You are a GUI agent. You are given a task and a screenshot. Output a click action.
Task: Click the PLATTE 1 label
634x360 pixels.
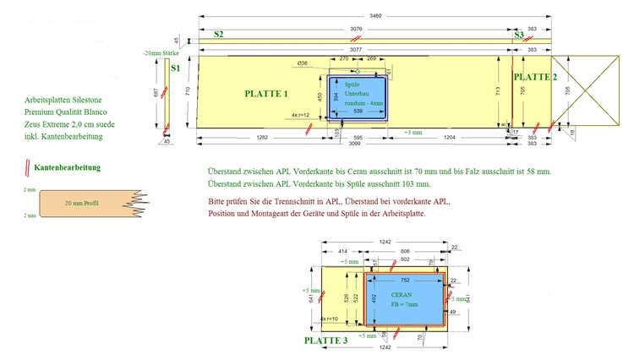pos(266,94)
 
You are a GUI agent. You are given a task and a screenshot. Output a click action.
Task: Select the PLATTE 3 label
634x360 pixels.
pos(326,341)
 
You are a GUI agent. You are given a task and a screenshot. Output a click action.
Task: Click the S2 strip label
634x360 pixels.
pos(218,35)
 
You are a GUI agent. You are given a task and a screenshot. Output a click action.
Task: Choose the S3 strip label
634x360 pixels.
pos(518,35)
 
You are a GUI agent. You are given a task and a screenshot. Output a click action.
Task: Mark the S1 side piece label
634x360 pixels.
pos(175,68)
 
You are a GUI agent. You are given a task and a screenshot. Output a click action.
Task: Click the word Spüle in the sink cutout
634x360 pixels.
pos(352,85)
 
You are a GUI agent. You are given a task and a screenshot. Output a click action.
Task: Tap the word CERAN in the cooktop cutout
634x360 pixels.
pos(402,294)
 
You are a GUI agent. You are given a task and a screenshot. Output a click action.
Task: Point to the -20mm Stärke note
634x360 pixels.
pos(161,54)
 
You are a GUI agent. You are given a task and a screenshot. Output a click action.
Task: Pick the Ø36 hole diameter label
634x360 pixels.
pos(303,63)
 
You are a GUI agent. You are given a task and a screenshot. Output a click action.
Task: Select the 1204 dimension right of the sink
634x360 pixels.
pos(451,136)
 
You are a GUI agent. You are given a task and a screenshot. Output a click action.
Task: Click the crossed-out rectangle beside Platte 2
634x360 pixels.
pos(584,87)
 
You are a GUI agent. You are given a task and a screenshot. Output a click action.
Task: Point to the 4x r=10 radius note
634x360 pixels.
pos(331,319)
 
